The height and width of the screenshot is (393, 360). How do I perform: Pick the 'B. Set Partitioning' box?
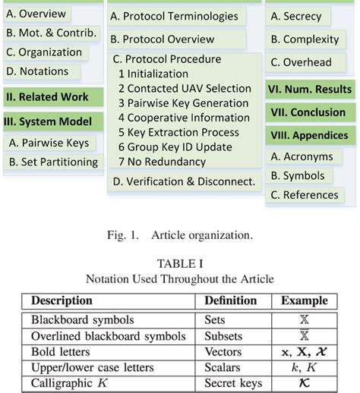pyautogui.click(x=53, y=162)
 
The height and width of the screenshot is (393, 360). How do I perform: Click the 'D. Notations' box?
pyautogui.click(x=38, y=71)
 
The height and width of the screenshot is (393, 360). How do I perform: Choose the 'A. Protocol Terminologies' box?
pyautogui.click(x=175, y=16)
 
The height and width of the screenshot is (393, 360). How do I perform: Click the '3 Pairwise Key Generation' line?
pyautogui.click(x=184, y=103)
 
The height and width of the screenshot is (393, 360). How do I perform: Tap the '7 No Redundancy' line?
pyautogui.click(x=163, y=161)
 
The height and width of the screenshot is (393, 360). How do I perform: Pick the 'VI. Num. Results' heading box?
pyautogui.click(x=311, y=89)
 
